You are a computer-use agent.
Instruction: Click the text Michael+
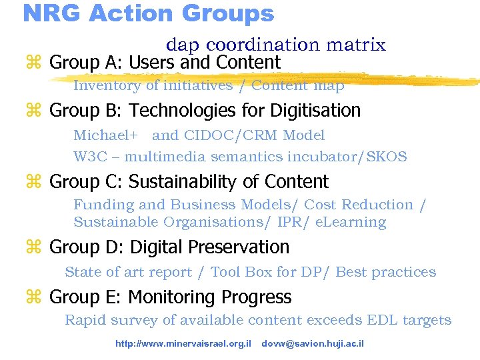(105, 135)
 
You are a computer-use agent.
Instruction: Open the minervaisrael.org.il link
(183, 344)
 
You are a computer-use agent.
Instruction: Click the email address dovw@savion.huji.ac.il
(313, 344)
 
